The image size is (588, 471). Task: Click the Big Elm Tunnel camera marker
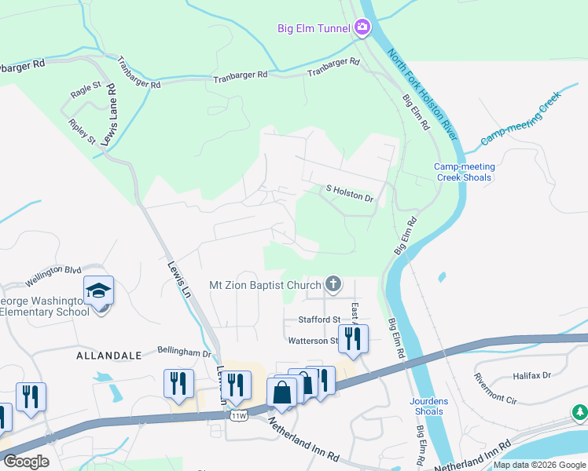click(x=362, y=28)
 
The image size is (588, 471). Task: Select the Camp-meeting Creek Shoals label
click(x=464, y=172)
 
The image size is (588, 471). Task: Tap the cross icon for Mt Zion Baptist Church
click(x=333, y=284)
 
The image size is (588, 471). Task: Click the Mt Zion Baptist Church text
click(x=266, y=285)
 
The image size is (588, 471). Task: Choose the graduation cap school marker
click(x=99, y=292)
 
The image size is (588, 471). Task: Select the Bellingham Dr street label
click(x=185, y=353)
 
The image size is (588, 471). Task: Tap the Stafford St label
click(x=318, y=319)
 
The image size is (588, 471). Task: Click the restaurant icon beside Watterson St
click(x=353, y=339)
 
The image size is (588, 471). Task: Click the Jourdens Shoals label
click(x=428, y=406)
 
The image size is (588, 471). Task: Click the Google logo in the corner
click(x=26, y=462)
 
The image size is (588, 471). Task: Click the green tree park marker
click(x=580, y=411)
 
